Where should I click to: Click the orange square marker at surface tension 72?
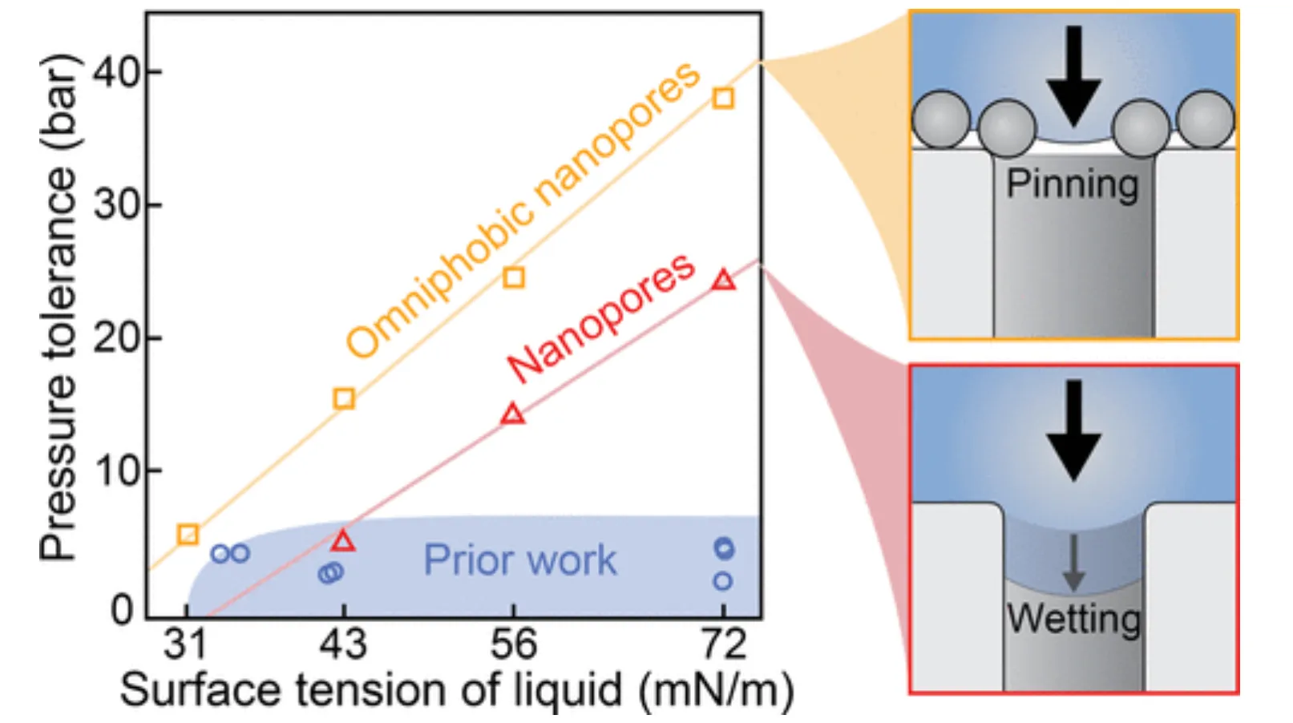click(x=723, y=99)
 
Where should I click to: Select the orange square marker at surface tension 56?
click(x=514, y=278)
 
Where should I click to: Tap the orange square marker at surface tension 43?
click(x=344, y=398)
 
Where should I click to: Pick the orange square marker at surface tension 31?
click(x=188, y=534)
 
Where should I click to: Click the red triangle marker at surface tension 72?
click(x=723, y=281)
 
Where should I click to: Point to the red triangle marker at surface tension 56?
click(x=513, y=414)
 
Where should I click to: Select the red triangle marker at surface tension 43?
click(x=343, y=541)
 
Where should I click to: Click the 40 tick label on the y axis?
click(x=116, y=72)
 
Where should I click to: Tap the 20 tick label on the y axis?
click(x=116, y=338)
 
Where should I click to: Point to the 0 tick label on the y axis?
click(x=122, y=611)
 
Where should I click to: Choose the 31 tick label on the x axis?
click(x=186, y=644)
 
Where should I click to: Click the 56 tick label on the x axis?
click(x=513, y=644)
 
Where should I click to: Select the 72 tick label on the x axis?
click(x=723, y=644)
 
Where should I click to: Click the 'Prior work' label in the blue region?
click(x=519, y=560)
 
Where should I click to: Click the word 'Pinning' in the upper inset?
click(x=1072, y=185)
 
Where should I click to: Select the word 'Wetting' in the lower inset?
click(x=1073, y=619)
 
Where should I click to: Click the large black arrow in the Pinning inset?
click(x=1073, y=76)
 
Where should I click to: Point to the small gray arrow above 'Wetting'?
click(x=1073, y=563)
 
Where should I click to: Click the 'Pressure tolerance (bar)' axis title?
click(x=59, y=308)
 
